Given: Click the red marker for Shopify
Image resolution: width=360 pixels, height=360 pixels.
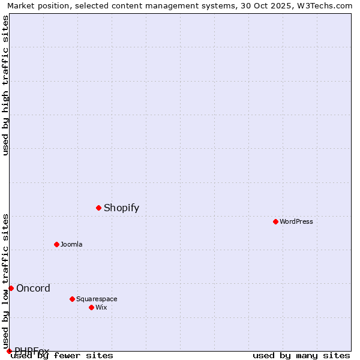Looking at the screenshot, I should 98,208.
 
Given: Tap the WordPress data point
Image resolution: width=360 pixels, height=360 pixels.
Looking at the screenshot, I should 275,221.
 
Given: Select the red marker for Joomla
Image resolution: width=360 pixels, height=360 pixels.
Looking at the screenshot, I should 56,244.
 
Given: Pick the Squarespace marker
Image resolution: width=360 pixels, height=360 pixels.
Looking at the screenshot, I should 72,299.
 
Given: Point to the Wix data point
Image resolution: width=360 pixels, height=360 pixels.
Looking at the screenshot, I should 91,307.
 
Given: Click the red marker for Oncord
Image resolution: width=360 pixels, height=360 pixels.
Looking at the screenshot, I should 11,288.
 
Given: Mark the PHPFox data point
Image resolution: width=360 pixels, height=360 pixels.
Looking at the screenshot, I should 9,351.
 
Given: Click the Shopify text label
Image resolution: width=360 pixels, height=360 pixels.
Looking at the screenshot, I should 121,208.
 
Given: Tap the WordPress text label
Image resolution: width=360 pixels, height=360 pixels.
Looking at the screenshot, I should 296,221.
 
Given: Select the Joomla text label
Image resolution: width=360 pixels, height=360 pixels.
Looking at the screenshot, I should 71,244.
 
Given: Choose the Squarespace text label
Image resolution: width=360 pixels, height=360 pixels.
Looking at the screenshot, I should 97,299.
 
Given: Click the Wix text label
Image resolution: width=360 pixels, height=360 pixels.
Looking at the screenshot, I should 101,307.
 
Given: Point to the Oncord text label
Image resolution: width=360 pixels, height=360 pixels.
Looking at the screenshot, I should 33,288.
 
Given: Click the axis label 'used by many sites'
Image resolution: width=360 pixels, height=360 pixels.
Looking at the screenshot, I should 301,355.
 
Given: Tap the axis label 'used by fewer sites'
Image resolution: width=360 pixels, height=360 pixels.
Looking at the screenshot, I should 62,355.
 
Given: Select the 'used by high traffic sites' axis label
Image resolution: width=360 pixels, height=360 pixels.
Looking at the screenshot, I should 5,85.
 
